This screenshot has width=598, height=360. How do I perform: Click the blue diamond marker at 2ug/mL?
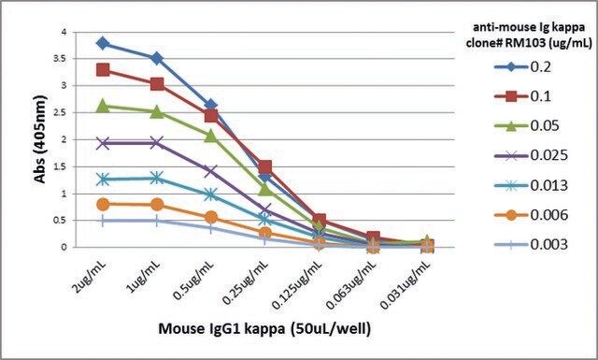tap(103, 43)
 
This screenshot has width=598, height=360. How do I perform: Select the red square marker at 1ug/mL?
tap(157, 84)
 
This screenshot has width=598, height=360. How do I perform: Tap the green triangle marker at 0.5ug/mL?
tap(211, 136)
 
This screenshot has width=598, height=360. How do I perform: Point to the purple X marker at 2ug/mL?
tap(103, 143)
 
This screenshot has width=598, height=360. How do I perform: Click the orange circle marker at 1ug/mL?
tap(157, 205)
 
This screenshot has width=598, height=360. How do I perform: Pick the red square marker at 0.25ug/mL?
tap(265, 166)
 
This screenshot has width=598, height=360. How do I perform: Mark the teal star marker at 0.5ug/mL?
tap(211, 195)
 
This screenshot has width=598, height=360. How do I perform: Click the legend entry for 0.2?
tap(523, 67)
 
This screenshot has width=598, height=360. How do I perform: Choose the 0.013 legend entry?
tap(531, 185)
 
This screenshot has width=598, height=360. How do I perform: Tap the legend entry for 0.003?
tap(531, 244)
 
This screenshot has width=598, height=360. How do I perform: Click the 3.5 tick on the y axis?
tap(60, 58)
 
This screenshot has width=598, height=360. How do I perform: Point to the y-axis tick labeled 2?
tap(64, 139)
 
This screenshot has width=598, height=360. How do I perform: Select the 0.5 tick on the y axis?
tap(60, 221)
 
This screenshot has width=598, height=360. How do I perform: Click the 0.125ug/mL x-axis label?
tap(297, 285)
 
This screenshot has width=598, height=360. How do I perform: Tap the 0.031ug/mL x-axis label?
tap(406, 285)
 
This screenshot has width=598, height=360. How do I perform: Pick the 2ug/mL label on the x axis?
tap(90, 277)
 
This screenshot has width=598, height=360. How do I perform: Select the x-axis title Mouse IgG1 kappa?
tap(221, 328)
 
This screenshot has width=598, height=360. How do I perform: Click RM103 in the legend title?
tap(524, 43)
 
